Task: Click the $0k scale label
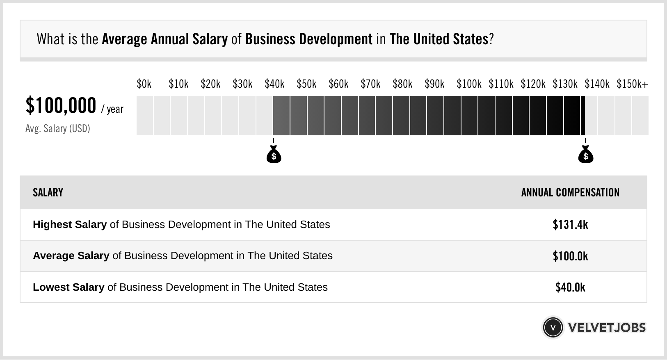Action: pos(144,84)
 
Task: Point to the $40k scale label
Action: pos(274,84)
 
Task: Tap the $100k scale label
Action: pos(469,84)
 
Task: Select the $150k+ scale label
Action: pos(632,84)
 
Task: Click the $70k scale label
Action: pos(370,84)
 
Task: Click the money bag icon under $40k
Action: pos(274,155)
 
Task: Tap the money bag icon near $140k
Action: pos(585,155)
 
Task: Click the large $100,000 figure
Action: pos(61,105)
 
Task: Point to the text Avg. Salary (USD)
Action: pos(57,129)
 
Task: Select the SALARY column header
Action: pos(48,193)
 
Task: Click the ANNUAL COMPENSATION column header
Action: pos(570,193)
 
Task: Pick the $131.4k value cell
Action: pos(570,225)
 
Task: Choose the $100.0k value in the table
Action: pos(570,256)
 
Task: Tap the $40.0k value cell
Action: pos(570,287)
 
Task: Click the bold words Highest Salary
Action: pos(70,225)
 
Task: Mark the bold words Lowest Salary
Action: pos(69,287)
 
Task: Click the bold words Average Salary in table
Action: pos(71,256)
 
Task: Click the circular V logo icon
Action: pos(553,328)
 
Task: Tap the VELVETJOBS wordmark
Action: pos(607,328)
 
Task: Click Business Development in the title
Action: pos(309,39)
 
